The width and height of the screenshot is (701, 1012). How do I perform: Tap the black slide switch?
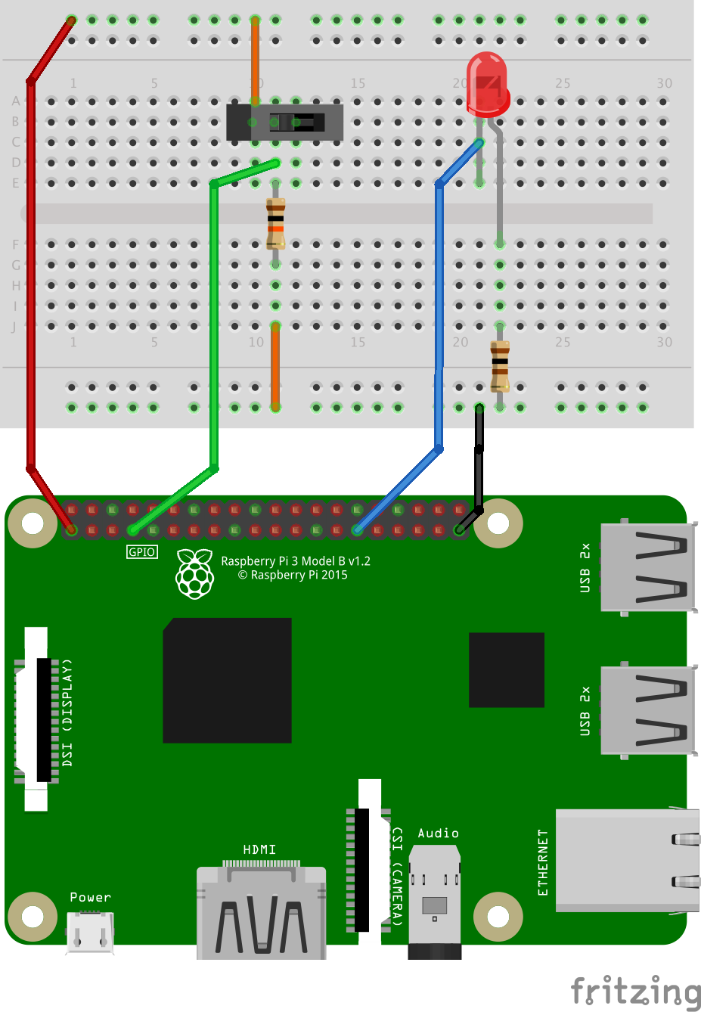286,123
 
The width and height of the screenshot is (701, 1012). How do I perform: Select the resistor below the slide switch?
275,224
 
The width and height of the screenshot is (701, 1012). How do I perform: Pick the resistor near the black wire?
500,366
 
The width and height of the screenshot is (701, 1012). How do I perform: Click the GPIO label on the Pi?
141,552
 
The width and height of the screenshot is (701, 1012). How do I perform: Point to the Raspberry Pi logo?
195,574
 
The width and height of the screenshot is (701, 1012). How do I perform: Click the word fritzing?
635,991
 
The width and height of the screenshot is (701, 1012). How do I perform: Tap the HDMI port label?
259,850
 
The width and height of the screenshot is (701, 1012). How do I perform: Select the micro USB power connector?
90,932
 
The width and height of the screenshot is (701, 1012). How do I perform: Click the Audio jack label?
438,834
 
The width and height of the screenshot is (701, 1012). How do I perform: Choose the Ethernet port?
626,860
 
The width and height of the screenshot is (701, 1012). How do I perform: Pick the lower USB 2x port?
647,710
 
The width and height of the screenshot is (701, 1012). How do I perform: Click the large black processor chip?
228,680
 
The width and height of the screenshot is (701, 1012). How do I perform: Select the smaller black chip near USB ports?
506,669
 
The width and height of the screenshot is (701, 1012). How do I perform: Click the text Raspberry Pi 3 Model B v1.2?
295,561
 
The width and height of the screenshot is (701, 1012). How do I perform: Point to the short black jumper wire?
478,461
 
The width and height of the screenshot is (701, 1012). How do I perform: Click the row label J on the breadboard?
14,328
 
